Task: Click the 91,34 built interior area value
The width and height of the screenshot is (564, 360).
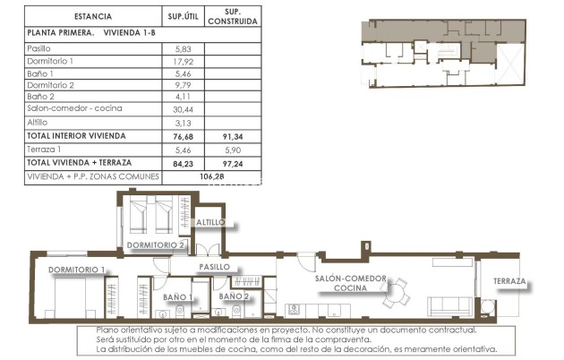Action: pyautogui.click(x=232, y=136)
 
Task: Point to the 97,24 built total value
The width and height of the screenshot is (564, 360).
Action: pyautogui.click(x=232, y=164)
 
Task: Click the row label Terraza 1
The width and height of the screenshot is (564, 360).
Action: pyautogui.click(x=44, y=150)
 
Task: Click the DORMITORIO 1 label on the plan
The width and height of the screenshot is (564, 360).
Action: pyautogui.click(x=77, y=270)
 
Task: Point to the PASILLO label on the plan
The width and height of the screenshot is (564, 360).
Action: pyautogui.click(x=215, y=267)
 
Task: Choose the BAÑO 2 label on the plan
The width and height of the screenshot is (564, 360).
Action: pyautogui.click(x=234, y=296)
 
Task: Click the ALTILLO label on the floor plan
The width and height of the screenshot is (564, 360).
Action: pyautogui.click(x=212, y=222)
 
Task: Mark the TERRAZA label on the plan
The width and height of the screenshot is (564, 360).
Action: pyautogui.click(x=509, y=281)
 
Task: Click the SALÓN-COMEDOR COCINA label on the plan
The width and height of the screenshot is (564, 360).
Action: pyautogui.click(x=351, y=284)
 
